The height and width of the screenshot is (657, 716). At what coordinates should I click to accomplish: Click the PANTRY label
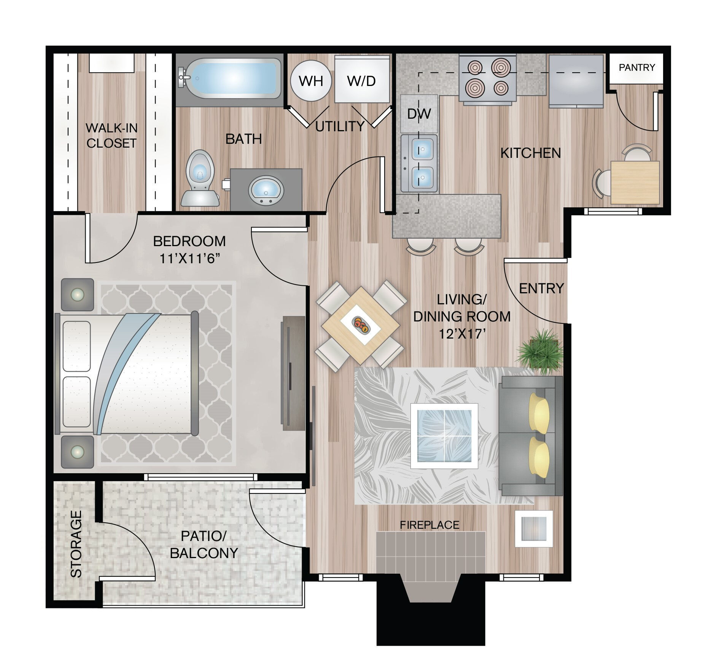(637, 67)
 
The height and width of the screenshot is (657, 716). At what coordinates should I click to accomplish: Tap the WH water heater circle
(311, 81)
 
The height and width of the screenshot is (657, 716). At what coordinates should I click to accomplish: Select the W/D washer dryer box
(362, 79)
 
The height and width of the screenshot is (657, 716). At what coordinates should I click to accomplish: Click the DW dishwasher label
(419, 113)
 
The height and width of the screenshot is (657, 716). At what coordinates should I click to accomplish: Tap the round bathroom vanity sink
(266, 190)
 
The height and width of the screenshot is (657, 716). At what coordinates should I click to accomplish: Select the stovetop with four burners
(487, 79)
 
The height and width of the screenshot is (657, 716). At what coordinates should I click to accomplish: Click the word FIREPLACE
(430, 525)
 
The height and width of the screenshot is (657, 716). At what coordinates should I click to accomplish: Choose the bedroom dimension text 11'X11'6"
(189, 259)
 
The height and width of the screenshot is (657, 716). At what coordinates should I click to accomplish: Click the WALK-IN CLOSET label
(111, 135)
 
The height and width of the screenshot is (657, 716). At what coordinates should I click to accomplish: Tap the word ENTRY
(541, 288)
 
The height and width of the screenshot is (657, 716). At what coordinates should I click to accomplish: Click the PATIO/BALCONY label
(204, 544)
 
